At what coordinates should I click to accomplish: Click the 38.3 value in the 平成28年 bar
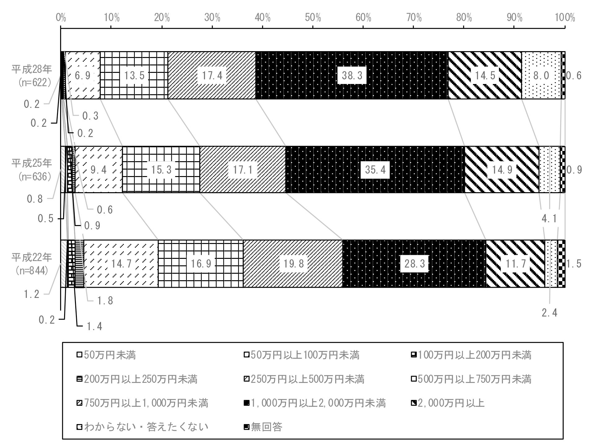352,75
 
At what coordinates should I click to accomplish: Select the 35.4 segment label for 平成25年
375,170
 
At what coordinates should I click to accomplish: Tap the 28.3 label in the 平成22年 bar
414,263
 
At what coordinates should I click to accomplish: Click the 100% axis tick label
565,18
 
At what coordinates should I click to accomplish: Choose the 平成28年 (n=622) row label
32,76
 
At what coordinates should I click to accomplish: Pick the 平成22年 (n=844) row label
32,263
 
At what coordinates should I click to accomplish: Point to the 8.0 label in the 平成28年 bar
541,75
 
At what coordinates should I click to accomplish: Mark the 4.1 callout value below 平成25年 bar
549,219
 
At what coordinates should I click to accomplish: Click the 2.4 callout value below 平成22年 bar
549,313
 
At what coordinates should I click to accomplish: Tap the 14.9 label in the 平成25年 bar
502,170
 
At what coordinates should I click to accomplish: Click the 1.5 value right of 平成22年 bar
574,263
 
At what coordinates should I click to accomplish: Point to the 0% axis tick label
61,18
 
